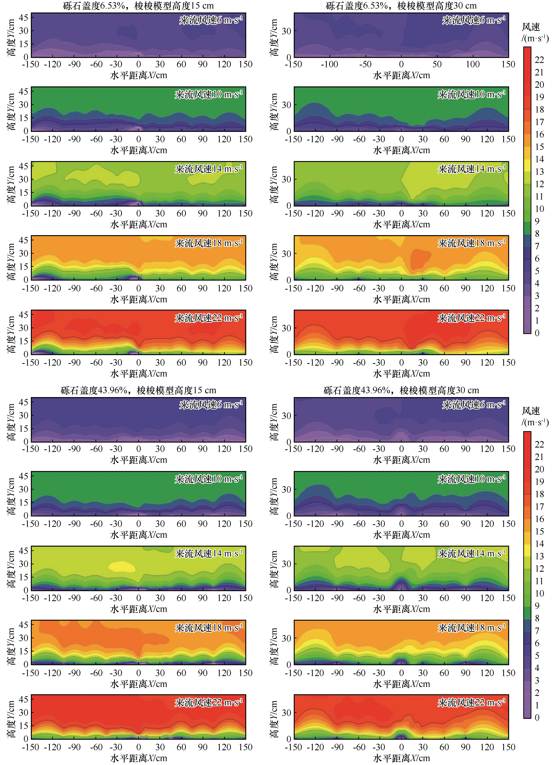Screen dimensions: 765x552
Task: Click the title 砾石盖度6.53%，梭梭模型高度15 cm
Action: tap(138, 6)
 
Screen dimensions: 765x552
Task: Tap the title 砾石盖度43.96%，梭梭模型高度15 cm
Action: tap(138, 390)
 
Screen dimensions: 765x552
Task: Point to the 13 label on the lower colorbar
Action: tap(539, 556)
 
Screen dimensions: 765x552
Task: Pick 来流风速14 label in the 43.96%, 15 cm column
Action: tap(208, 554)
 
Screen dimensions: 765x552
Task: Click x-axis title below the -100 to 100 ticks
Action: tap(401, 75)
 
